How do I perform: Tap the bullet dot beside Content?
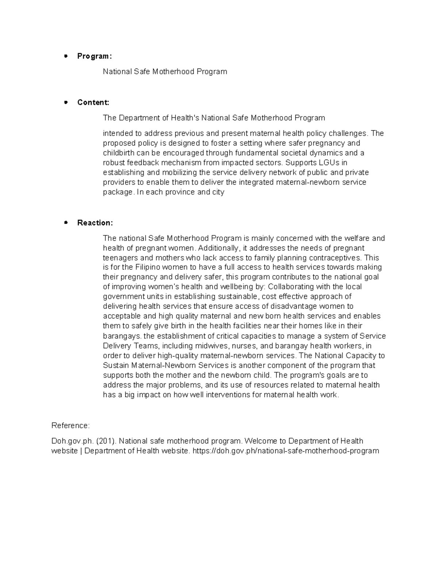click(x=66, y=102)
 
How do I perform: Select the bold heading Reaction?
click(x=95, y=223)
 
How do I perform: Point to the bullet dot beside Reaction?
click(x=66, y=222)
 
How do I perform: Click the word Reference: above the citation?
click(x=70, y=426)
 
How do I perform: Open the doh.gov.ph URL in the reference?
click(x=285, y=451)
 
